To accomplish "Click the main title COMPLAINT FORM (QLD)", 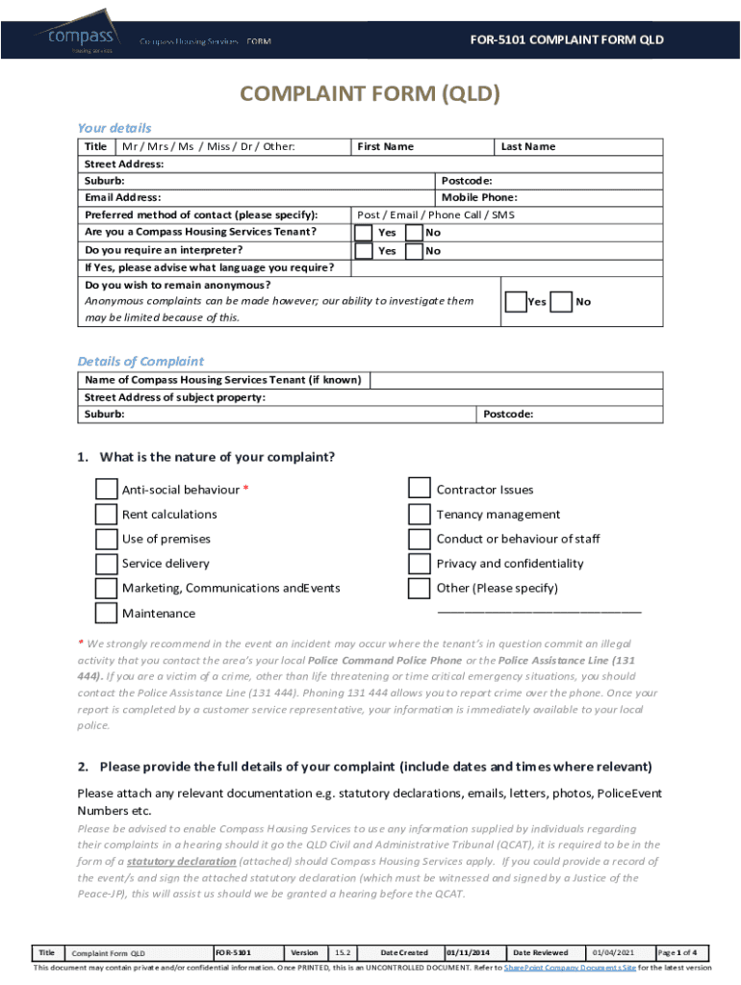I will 370,94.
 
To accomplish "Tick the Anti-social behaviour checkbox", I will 107,490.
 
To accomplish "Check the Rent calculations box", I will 107,515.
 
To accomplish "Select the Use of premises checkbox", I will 107,539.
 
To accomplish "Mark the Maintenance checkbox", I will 107,613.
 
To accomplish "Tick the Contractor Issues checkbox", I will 420,490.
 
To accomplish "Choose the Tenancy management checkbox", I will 420,515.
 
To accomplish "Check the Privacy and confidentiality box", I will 420,564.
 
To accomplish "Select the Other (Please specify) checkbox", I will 420,588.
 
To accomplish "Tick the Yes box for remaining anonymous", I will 516,302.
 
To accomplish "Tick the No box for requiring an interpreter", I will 414,251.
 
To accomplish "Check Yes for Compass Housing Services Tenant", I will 364,233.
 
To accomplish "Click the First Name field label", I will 385,147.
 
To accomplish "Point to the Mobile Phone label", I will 479,197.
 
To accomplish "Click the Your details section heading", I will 114,128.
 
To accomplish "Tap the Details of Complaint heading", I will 141,362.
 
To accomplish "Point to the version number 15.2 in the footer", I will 343,953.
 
